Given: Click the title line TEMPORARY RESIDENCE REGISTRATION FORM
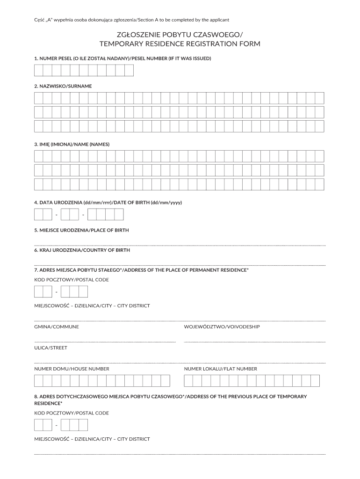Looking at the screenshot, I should tap(180, 44).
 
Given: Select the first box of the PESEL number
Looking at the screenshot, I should tap(38, 70).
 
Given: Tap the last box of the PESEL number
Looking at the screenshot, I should tap(129, 70).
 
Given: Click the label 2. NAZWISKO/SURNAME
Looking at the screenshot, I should tap(63, 86).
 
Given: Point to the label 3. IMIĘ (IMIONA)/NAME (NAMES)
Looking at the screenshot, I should tap(72, 144).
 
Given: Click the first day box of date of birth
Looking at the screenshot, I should tap(38, 215).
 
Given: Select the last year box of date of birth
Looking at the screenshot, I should tap(119, 215).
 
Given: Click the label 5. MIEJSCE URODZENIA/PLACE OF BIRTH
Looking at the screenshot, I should tap(81, 230).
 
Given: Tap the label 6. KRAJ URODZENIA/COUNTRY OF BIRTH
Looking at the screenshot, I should tap(82, 250).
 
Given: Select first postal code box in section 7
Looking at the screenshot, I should tap(38, 292).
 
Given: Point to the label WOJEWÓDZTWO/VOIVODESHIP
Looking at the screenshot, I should tap(222, 327).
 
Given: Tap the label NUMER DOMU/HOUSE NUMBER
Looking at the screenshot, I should tap(72, 369).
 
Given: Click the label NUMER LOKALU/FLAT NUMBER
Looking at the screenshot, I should tap(220, 369).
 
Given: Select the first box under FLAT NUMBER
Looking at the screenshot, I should tap(188, 381).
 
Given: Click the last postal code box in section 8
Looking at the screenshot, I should tap(83, 425).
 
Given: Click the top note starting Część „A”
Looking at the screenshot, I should tap(131, 20).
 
